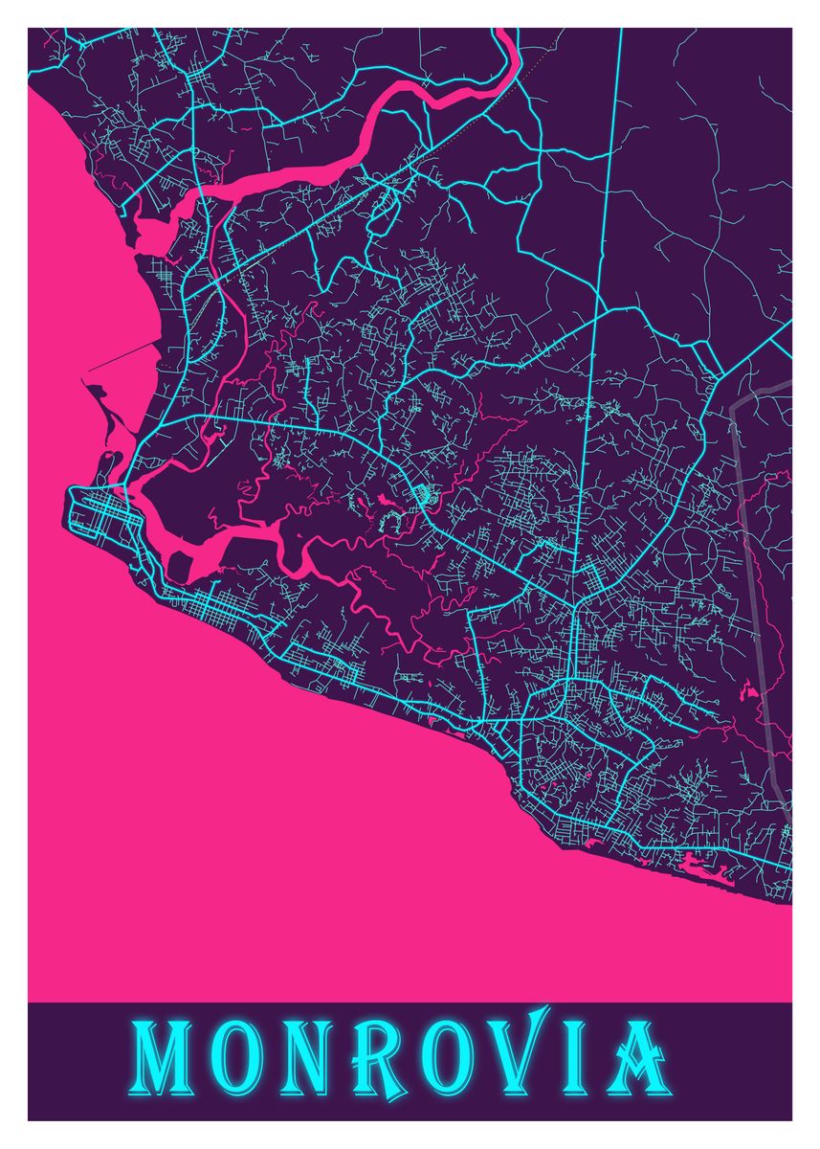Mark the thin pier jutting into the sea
tap(124, 354)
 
